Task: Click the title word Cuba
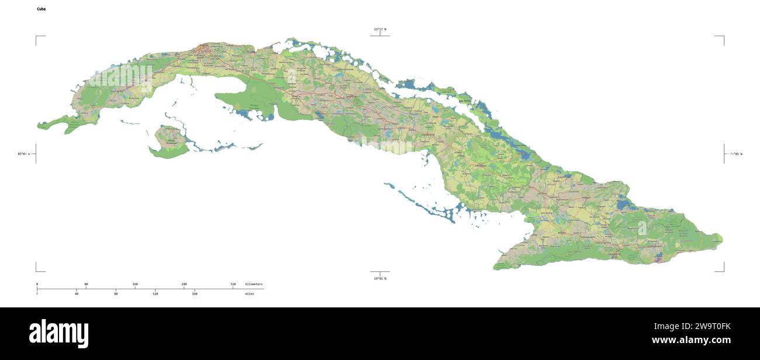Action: coord(41,9)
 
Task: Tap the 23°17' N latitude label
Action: coord(380,29)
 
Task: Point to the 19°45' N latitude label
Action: coord(380,279)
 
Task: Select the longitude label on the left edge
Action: coord(24,154)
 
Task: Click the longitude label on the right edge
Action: coord(735,154)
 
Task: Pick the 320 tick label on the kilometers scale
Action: coord(233,284)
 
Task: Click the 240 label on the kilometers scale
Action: coord(184,284)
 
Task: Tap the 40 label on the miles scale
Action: coord(77,293)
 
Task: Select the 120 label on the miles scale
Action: coord(156,293)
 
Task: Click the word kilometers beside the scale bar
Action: coord(254,284)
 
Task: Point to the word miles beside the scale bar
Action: coord(250,293)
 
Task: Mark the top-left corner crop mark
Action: coord(37,37)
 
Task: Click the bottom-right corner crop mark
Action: coord(723,271)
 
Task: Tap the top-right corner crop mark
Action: coord(723,37)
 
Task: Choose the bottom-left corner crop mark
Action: coord(37,271)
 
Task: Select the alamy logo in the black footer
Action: coord(59,333)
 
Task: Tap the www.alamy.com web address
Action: coord(691,340)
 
